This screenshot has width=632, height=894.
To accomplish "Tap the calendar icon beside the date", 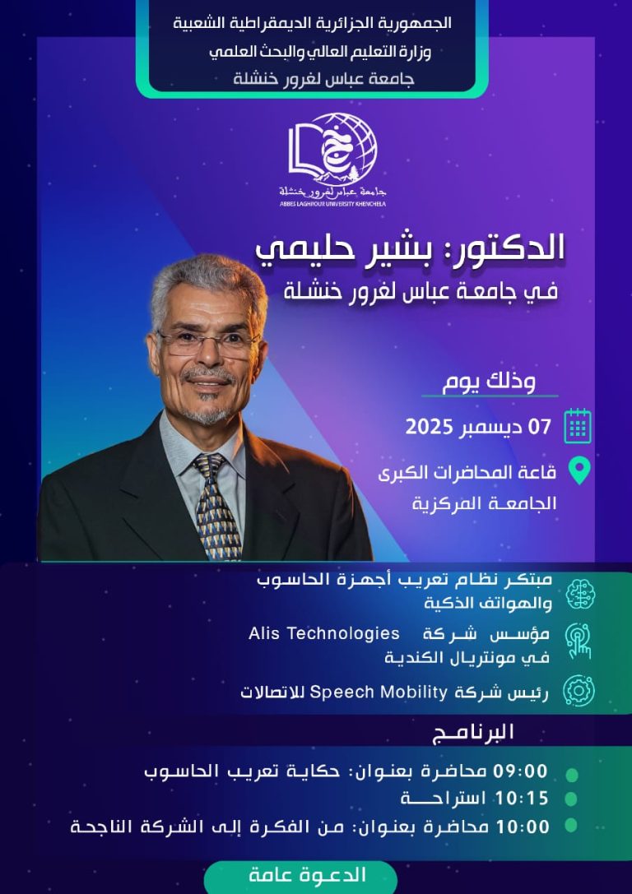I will click(578, 426).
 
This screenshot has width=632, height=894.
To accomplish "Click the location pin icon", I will click(579, 471).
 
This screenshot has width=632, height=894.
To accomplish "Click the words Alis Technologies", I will click(324, 634).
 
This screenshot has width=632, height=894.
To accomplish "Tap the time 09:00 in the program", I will click(520, 771).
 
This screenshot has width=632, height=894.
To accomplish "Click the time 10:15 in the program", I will click(520, 799).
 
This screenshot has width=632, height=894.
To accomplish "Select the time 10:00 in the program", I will click(520, 827).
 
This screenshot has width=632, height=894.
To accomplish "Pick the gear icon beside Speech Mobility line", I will click(579, 691).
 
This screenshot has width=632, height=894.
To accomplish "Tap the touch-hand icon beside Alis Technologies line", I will click(579, 642).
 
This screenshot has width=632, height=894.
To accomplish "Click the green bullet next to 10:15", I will click(572, 799).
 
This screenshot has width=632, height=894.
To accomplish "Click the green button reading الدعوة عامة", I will click(308, 875).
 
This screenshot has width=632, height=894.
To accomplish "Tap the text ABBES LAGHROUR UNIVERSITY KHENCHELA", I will click(332, 203).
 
